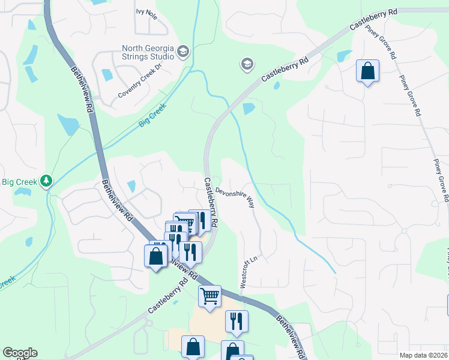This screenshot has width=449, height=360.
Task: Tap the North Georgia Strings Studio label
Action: pos(148,52)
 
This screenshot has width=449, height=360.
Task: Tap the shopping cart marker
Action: pos(209,296)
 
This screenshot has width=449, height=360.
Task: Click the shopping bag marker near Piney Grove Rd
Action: pos(367,71)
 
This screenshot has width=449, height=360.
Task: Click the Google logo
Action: pos(20,353)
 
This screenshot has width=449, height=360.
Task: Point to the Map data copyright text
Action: pos(423,355)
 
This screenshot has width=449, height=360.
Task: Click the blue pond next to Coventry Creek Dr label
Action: pos(107,75)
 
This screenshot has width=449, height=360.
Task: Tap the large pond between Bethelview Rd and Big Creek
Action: pos(68,124)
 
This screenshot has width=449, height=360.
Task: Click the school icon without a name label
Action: pos(246,63)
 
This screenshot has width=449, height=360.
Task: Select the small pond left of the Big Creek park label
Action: pos(23,192)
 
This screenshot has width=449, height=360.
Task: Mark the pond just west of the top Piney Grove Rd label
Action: pos(344,56)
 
